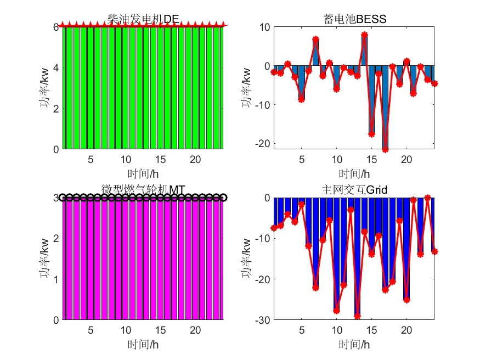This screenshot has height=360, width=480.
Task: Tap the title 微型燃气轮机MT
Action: point(144,190)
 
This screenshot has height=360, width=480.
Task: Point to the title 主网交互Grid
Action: point(355,190)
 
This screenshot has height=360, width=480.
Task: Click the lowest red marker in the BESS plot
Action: point(385,149)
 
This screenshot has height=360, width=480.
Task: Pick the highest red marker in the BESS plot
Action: point(364,35)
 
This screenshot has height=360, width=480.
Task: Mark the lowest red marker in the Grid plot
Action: point(357,316)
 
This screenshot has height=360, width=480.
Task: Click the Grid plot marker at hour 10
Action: point(336,311)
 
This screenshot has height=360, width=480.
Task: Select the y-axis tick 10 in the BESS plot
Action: point(264,27)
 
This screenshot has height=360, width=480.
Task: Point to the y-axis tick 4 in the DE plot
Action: point(57,68)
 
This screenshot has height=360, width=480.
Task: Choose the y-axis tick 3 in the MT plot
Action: point(57,198)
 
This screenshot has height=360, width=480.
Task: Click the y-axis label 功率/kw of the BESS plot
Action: point(247,88)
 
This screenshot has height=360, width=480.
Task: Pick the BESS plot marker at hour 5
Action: point(301,99)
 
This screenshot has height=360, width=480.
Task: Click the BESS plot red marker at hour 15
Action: point(371,134)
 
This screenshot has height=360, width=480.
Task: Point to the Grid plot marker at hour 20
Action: point(406,300)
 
